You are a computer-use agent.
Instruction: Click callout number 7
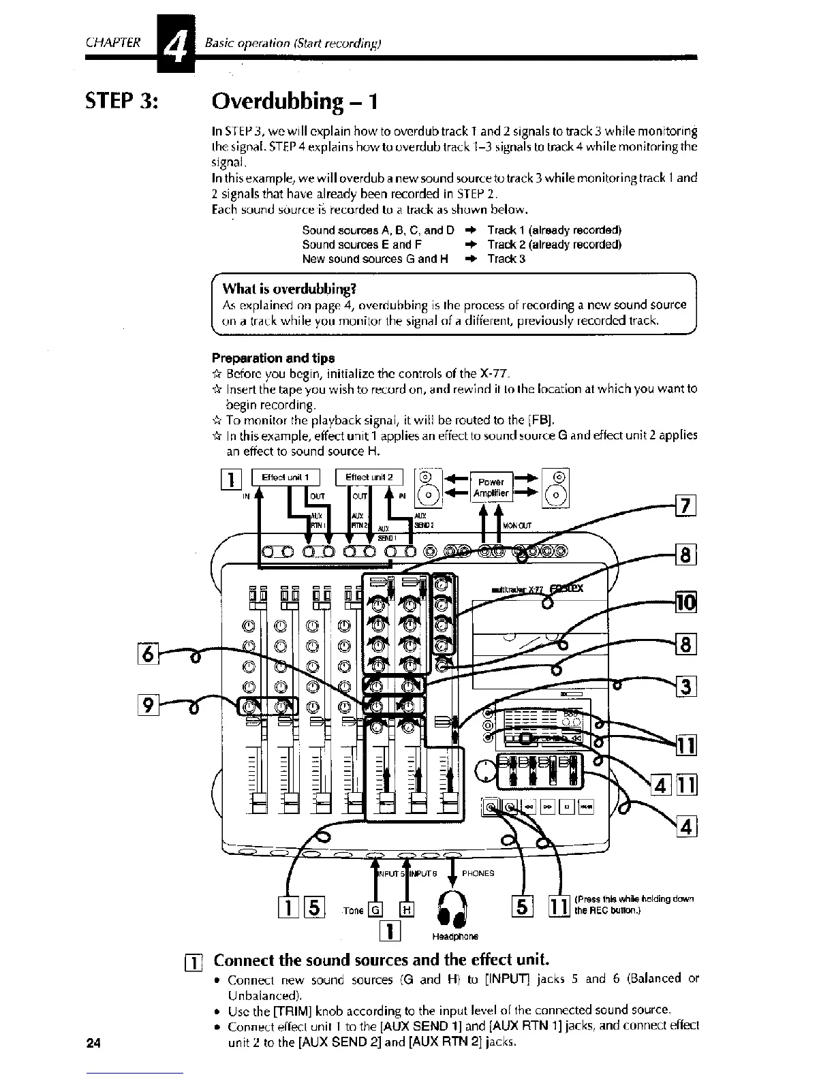684,507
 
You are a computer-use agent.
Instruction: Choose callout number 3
684,685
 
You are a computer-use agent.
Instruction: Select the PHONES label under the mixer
478,873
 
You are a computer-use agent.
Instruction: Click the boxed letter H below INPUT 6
407,909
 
